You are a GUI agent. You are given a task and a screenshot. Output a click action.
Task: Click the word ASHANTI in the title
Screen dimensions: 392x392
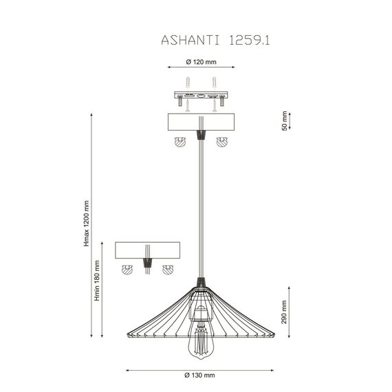pos(185,41)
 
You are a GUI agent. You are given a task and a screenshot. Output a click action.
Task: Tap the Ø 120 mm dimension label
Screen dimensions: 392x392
pos(201,61)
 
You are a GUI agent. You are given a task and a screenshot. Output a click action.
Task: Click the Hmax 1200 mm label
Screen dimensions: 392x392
pos(87,224)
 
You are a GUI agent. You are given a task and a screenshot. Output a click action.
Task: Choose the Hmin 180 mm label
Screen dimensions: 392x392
pos(98,280)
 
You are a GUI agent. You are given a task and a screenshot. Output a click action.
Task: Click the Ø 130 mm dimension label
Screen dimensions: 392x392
pos(201,375)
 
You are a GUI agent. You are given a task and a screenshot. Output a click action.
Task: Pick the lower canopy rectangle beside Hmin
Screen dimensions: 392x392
pos(147,250)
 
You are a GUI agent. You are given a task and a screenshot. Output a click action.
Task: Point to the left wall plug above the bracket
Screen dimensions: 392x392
pos(186,82)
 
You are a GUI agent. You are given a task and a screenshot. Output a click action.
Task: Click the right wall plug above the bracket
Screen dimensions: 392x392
pos(215,82)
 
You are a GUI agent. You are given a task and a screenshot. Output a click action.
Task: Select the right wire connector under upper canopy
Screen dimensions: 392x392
pos(221,142)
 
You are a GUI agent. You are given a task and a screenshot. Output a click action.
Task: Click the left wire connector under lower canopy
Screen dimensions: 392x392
pos(127,269)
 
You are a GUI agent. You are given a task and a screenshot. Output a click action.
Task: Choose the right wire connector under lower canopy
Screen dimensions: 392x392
pos(166,269)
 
